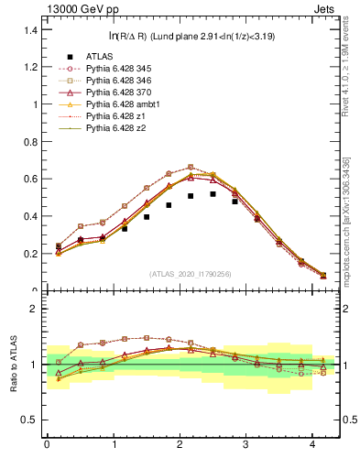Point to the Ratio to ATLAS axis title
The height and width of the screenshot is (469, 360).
click(12, 364)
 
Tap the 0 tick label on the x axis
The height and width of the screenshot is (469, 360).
click(47, 446)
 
